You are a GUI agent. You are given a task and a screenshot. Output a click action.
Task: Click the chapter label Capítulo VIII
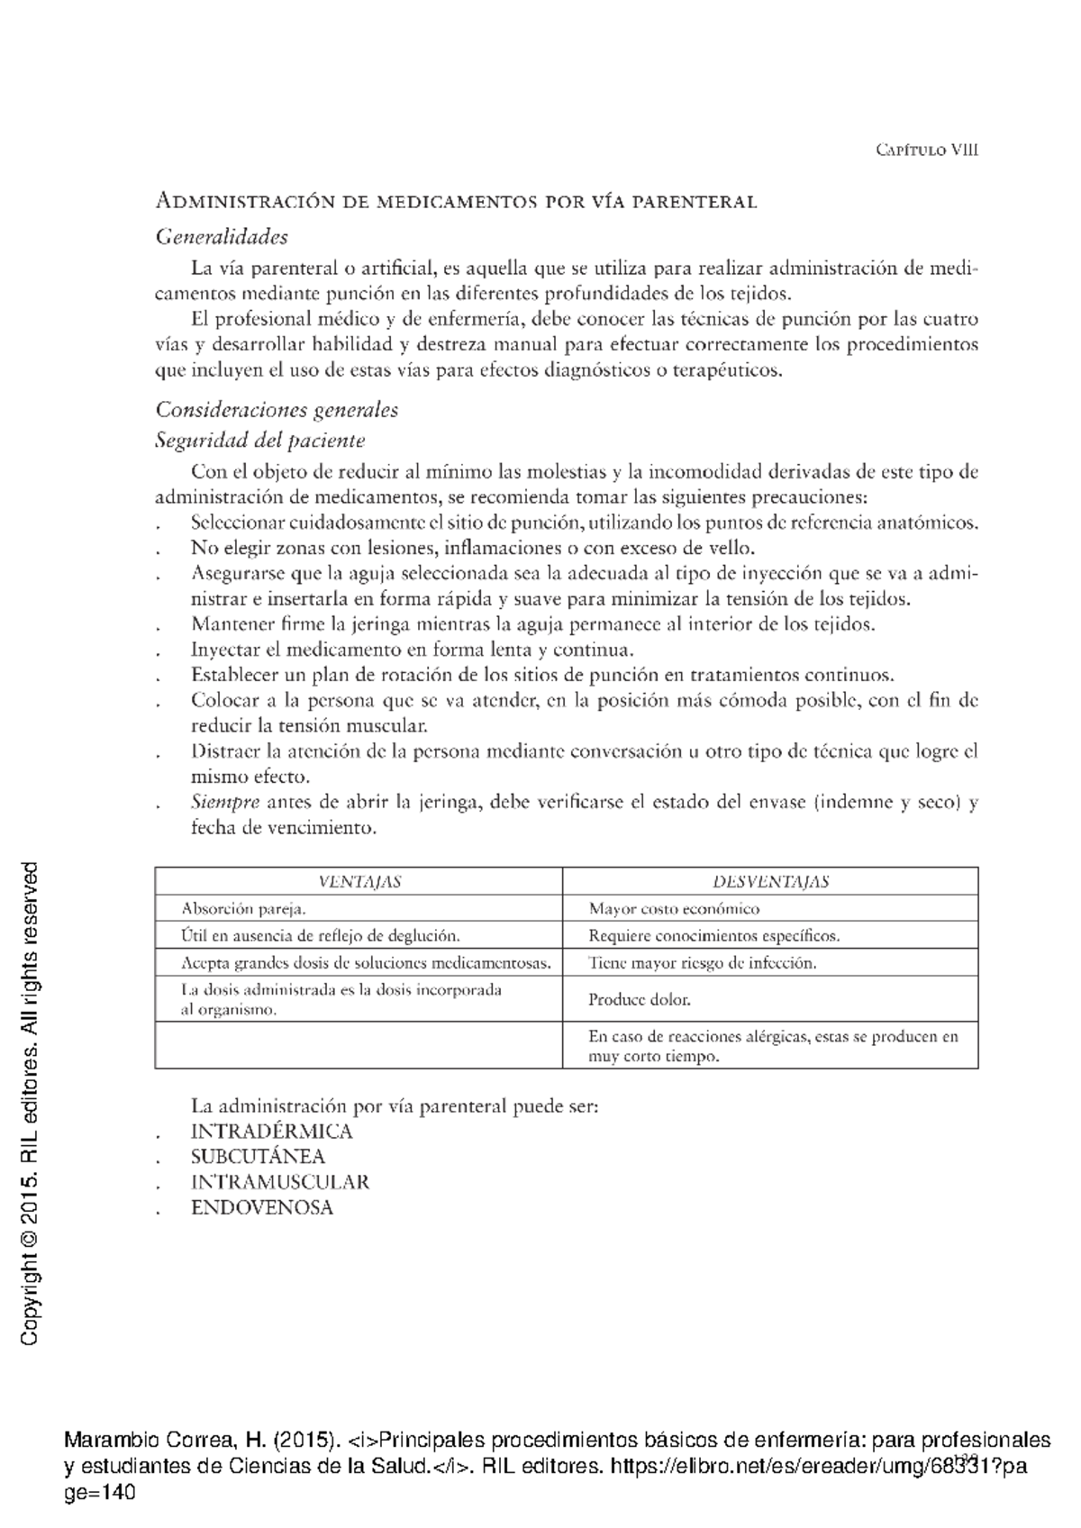coord(927,150)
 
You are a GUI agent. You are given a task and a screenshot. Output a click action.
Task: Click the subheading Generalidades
coord(222,237)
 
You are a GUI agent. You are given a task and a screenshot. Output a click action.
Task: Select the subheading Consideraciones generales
coord(277,410)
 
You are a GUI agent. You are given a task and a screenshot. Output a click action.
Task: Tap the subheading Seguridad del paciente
coord(260,441)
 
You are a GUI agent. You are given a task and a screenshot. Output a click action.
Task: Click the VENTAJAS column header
coord(359,882)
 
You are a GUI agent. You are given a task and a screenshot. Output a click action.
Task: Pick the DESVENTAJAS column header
coord(770,882)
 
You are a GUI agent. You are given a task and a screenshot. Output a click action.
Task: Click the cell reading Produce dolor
coord(640,999)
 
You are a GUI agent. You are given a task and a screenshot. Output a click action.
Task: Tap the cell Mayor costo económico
coord(674,909)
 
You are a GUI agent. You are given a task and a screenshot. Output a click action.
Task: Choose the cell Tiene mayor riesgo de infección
coord(703,963)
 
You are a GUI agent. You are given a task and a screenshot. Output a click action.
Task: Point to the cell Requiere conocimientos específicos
coord(713,936)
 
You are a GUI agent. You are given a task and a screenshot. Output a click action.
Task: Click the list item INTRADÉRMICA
coord(271,1132)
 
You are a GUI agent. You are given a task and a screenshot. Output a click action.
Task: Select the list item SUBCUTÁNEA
coord(258,1157)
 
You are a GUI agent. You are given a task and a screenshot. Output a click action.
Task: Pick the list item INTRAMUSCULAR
coord(280,1182)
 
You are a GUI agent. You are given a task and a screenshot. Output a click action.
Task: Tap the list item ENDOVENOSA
coord(262,1207)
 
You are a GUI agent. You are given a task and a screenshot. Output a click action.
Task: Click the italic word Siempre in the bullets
coord(225,802)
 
